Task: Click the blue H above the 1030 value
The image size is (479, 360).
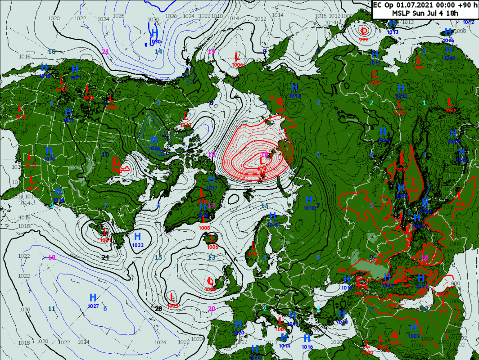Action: coord(155,33)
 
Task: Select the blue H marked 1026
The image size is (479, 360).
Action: coord(154,139)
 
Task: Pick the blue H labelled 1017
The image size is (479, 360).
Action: coord(212,179)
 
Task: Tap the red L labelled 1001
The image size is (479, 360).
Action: coord(104,232)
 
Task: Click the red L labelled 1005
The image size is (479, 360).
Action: coord(172,297)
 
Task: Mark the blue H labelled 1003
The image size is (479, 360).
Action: coord(414,328)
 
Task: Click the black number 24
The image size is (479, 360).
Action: coord(105,257)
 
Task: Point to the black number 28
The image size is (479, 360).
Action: coord(158,308)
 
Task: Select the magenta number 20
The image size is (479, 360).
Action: coord(212,308)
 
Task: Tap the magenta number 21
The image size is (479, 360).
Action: coord(105,51)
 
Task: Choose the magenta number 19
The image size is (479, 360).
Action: coord(212,51)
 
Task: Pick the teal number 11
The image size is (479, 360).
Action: coord(52,309)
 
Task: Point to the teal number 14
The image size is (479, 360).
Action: coord(158,51)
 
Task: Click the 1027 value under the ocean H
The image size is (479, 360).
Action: coord(93,306)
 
